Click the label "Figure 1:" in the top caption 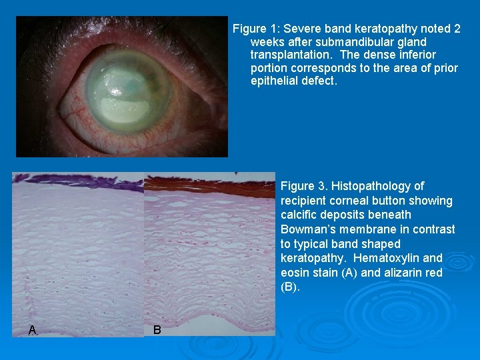255,29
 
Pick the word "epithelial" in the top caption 275,81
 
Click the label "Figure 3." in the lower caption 304,186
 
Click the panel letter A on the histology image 32,329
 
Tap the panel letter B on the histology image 157,329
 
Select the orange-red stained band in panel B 207,184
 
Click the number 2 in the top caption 457,29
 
